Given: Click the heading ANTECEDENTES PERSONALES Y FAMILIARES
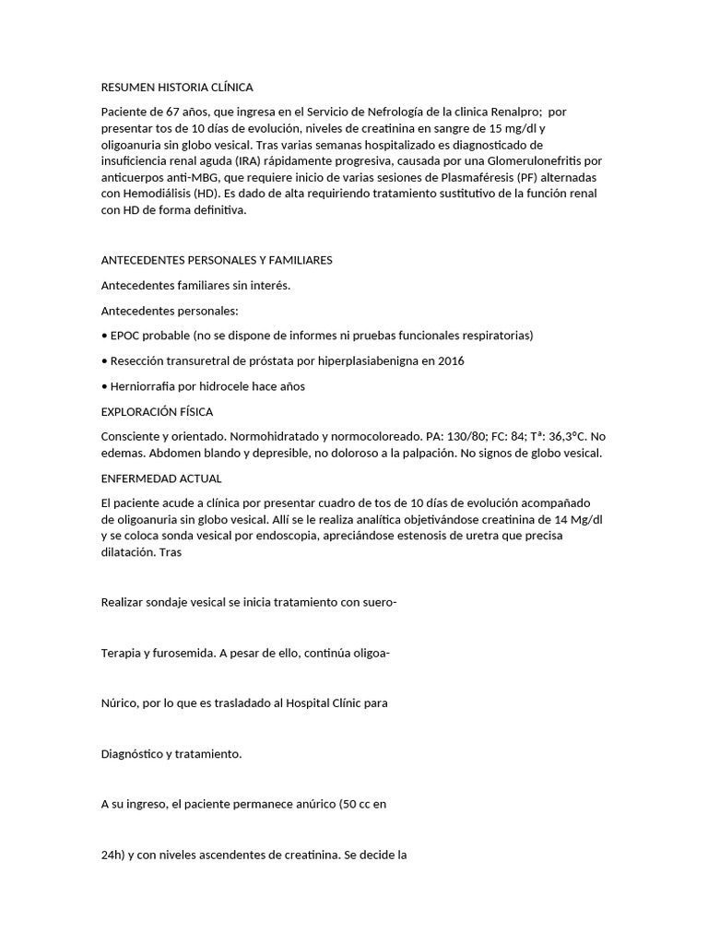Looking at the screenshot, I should pos(216,260).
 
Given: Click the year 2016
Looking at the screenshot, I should pos(451,360).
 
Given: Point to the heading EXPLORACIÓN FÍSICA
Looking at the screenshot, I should pos(157,411).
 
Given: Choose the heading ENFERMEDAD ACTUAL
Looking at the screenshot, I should pos(160,478).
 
